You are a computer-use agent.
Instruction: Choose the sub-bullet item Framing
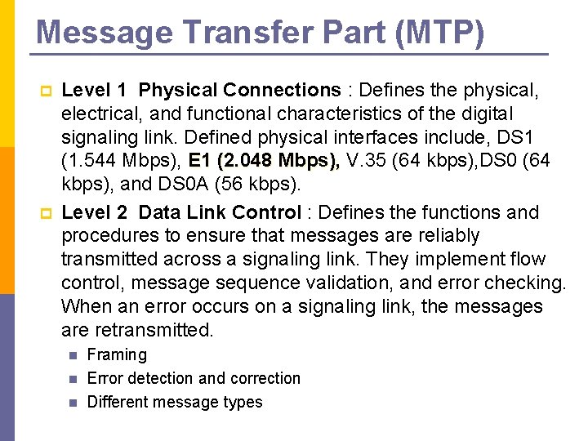point(117,354)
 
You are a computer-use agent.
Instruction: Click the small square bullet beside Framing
point(73,355)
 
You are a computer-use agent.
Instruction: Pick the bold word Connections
point(282,90)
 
